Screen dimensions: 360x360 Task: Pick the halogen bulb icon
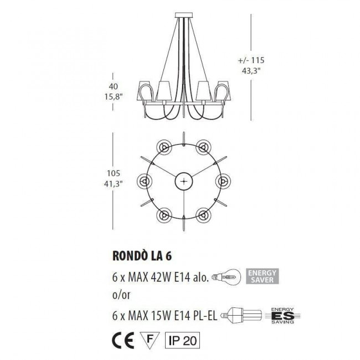point(229,276)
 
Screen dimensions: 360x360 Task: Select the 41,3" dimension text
point(112,183)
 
